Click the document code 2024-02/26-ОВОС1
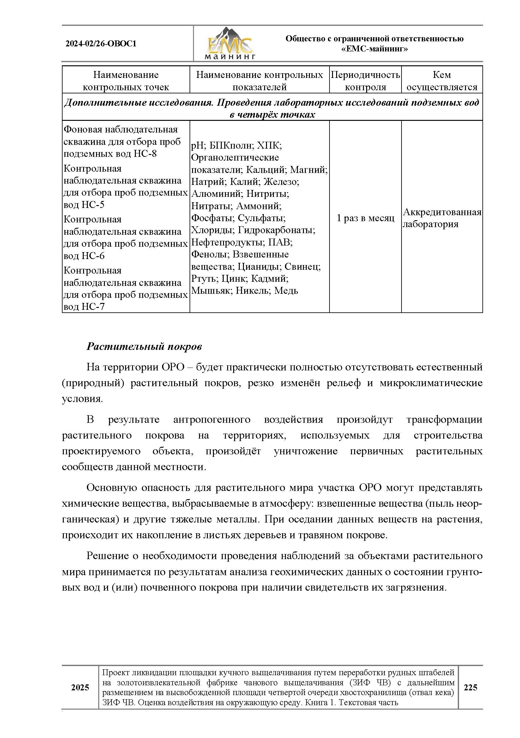click(x=101, y=44)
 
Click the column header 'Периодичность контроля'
click(x=365, y=81)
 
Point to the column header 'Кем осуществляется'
click(x=442, y=81)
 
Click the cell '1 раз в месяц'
click(x=365, y=218)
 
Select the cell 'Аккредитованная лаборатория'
click(x=442, y=218)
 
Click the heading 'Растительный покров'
click(x=144, y=346)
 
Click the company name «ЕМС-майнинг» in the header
click(x=374, y=49)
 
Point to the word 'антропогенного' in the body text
click(x=212, y=419)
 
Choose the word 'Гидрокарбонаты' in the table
click(x=276, y=230)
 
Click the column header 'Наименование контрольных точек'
click(x=126, y=81)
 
